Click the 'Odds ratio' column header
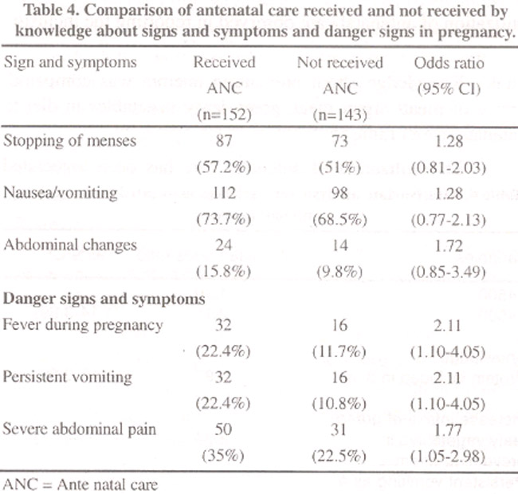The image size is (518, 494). click(x=449, y=63)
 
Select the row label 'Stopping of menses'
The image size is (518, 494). click(x=69, y=141)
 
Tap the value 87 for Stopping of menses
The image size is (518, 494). click(x=224, y=141)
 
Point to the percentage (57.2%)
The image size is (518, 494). click(x=224, y=167)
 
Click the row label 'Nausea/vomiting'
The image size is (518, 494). click(x=61, y=193)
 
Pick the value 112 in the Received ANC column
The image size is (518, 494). click(x=224, y=193)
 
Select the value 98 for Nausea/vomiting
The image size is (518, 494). click(x=339, y=193)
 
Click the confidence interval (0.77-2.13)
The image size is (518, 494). click(x=449, y=220)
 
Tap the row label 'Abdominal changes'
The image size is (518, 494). click(x=70, y=245)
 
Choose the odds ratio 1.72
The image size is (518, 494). click(x=449, y=245)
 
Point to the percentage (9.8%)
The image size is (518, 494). click(x=339, y=272)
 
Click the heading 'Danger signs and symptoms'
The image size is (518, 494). click(x=104, y=299)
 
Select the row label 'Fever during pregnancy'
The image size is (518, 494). click(x=83, y=325)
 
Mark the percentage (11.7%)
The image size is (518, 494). click(x=339, y=351)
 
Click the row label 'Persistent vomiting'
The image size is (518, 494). click(x=68, y=377)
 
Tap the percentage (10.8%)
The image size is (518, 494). click(x=339, y=403)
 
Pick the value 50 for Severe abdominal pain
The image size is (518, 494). click(x=223, y=429)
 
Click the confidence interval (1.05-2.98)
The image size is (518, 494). click(x=448, y=456)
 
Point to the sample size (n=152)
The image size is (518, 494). click(x=224, y=115)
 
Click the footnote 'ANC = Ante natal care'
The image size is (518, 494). click(x=80, y=484)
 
